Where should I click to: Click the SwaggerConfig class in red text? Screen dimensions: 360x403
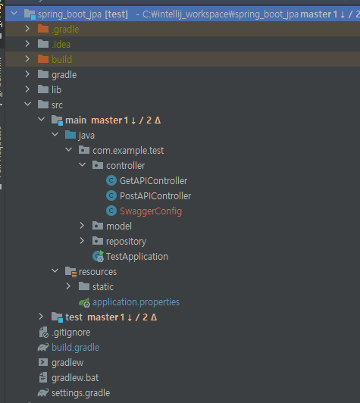151,211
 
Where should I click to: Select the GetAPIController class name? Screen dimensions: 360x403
153,181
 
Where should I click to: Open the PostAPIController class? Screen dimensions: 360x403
155,196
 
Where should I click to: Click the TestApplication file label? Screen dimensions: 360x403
137,257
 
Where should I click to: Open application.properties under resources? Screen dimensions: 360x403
136,302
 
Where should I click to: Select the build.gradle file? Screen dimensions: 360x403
75,348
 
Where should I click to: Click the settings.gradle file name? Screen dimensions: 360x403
81,393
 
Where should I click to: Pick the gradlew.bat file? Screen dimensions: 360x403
75,378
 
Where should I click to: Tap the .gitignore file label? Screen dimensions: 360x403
71,333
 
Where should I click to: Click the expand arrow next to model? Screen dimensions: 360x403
82,226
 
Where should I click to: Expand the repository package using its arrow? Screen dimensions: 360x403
82,241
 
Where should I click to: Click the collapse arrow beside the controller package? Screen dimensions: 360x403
83,164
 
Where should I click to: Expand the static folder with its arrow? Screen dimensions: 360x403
68,286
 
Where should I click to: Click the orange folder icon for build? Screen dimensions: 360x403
43,59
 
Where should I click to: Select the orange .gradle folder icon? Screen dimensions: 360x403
43,29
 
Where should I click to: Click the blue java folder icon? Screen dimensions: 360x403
70,135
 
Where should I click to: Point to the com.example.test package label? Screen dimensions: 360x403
128,151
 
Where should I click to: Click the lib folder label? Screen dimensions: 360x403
57,90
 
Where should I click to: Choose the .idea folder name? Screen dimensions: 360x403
61,45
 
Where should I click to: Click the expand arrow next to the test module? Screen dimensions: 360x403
41,317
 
